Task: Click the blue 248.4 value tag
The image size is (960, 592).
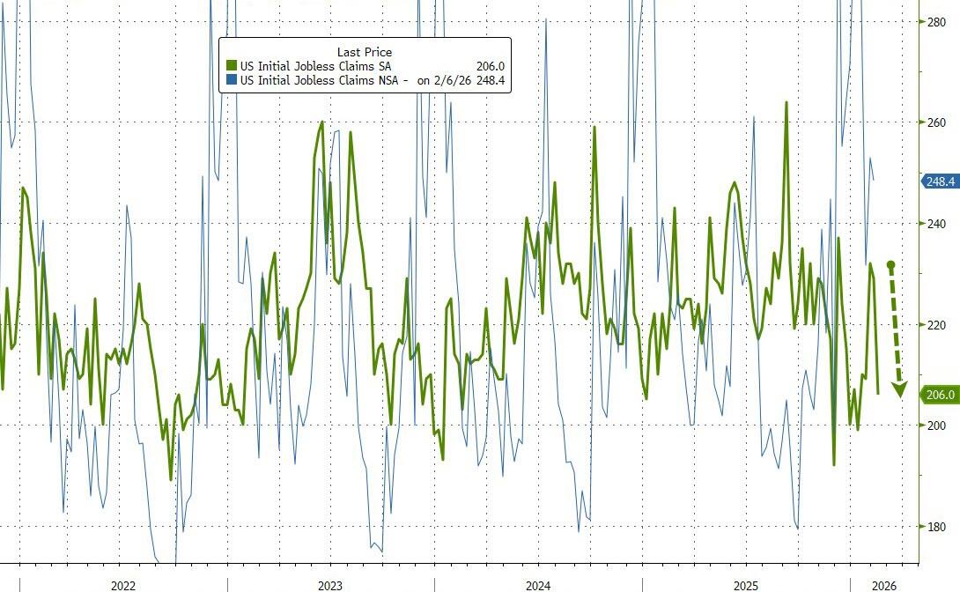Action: click(x=940, y=181)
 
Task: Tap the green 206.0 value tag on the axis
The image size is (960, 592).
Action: click(x=940, y=396)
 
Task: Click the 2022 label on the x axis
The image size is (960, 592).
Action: click(x=122, y=585)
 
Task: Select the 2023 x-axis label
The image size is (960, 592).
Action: click(x=330, y=585)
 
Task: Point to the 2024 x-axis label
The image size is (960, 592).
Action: click(x=538, y=585)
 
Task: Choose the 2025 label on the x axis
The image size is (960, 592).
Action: click(x=746, y=585)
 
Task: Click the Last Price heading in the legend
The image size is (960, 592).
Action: click(x=365, y=53)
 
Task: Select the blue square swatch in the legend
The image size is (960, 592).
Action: click(x=233, y=81)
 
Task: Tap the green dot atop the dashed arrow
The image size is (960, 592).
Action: click(x=891, y=264)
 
